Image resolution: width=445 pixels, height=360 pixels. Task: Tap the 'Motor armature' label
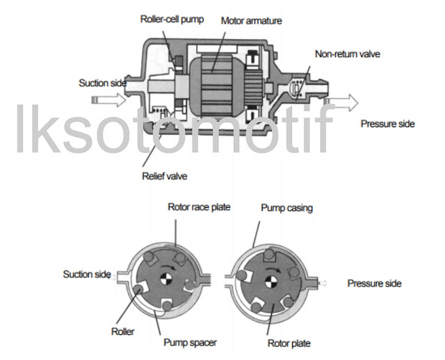point(251,21)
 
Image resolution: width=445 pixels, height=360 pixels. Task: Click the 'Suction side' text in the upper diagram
point(103,83)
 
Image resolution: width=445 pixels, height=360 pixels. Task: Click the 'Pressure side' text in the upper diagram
point(387,124)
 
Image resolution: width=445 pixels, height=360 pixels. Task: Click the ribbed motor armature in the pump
point(217,83)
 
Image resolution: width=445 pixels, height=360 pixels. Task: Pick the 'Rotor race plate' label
point(199,206)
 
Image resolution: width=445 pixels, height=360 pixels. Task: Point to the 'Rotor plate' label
point(289,343)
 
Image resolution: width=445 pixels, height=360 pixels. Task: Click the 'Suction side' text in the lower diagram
point(87,274)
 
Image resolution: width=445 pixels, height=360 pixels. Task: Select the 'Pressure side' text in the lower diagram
point(374,284)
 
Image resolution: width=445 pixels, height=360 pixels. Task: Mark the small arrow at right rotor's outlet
point(322,283)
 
